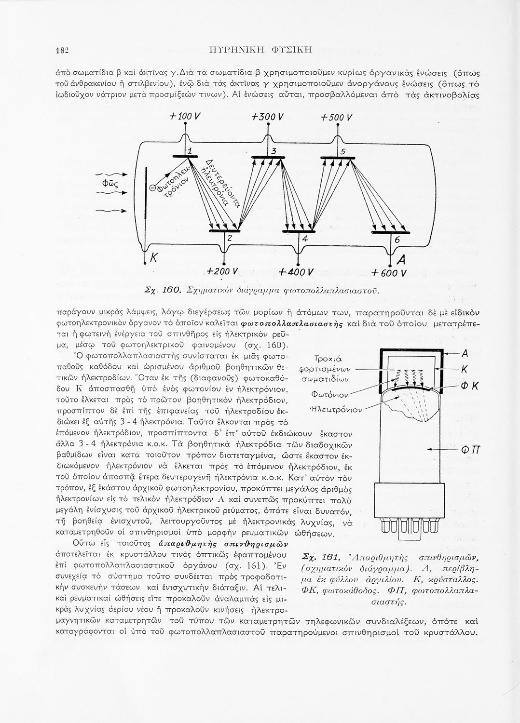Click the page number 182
63,50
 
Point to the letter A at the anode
400,261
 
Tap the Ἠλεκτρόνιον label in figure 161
336,409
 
